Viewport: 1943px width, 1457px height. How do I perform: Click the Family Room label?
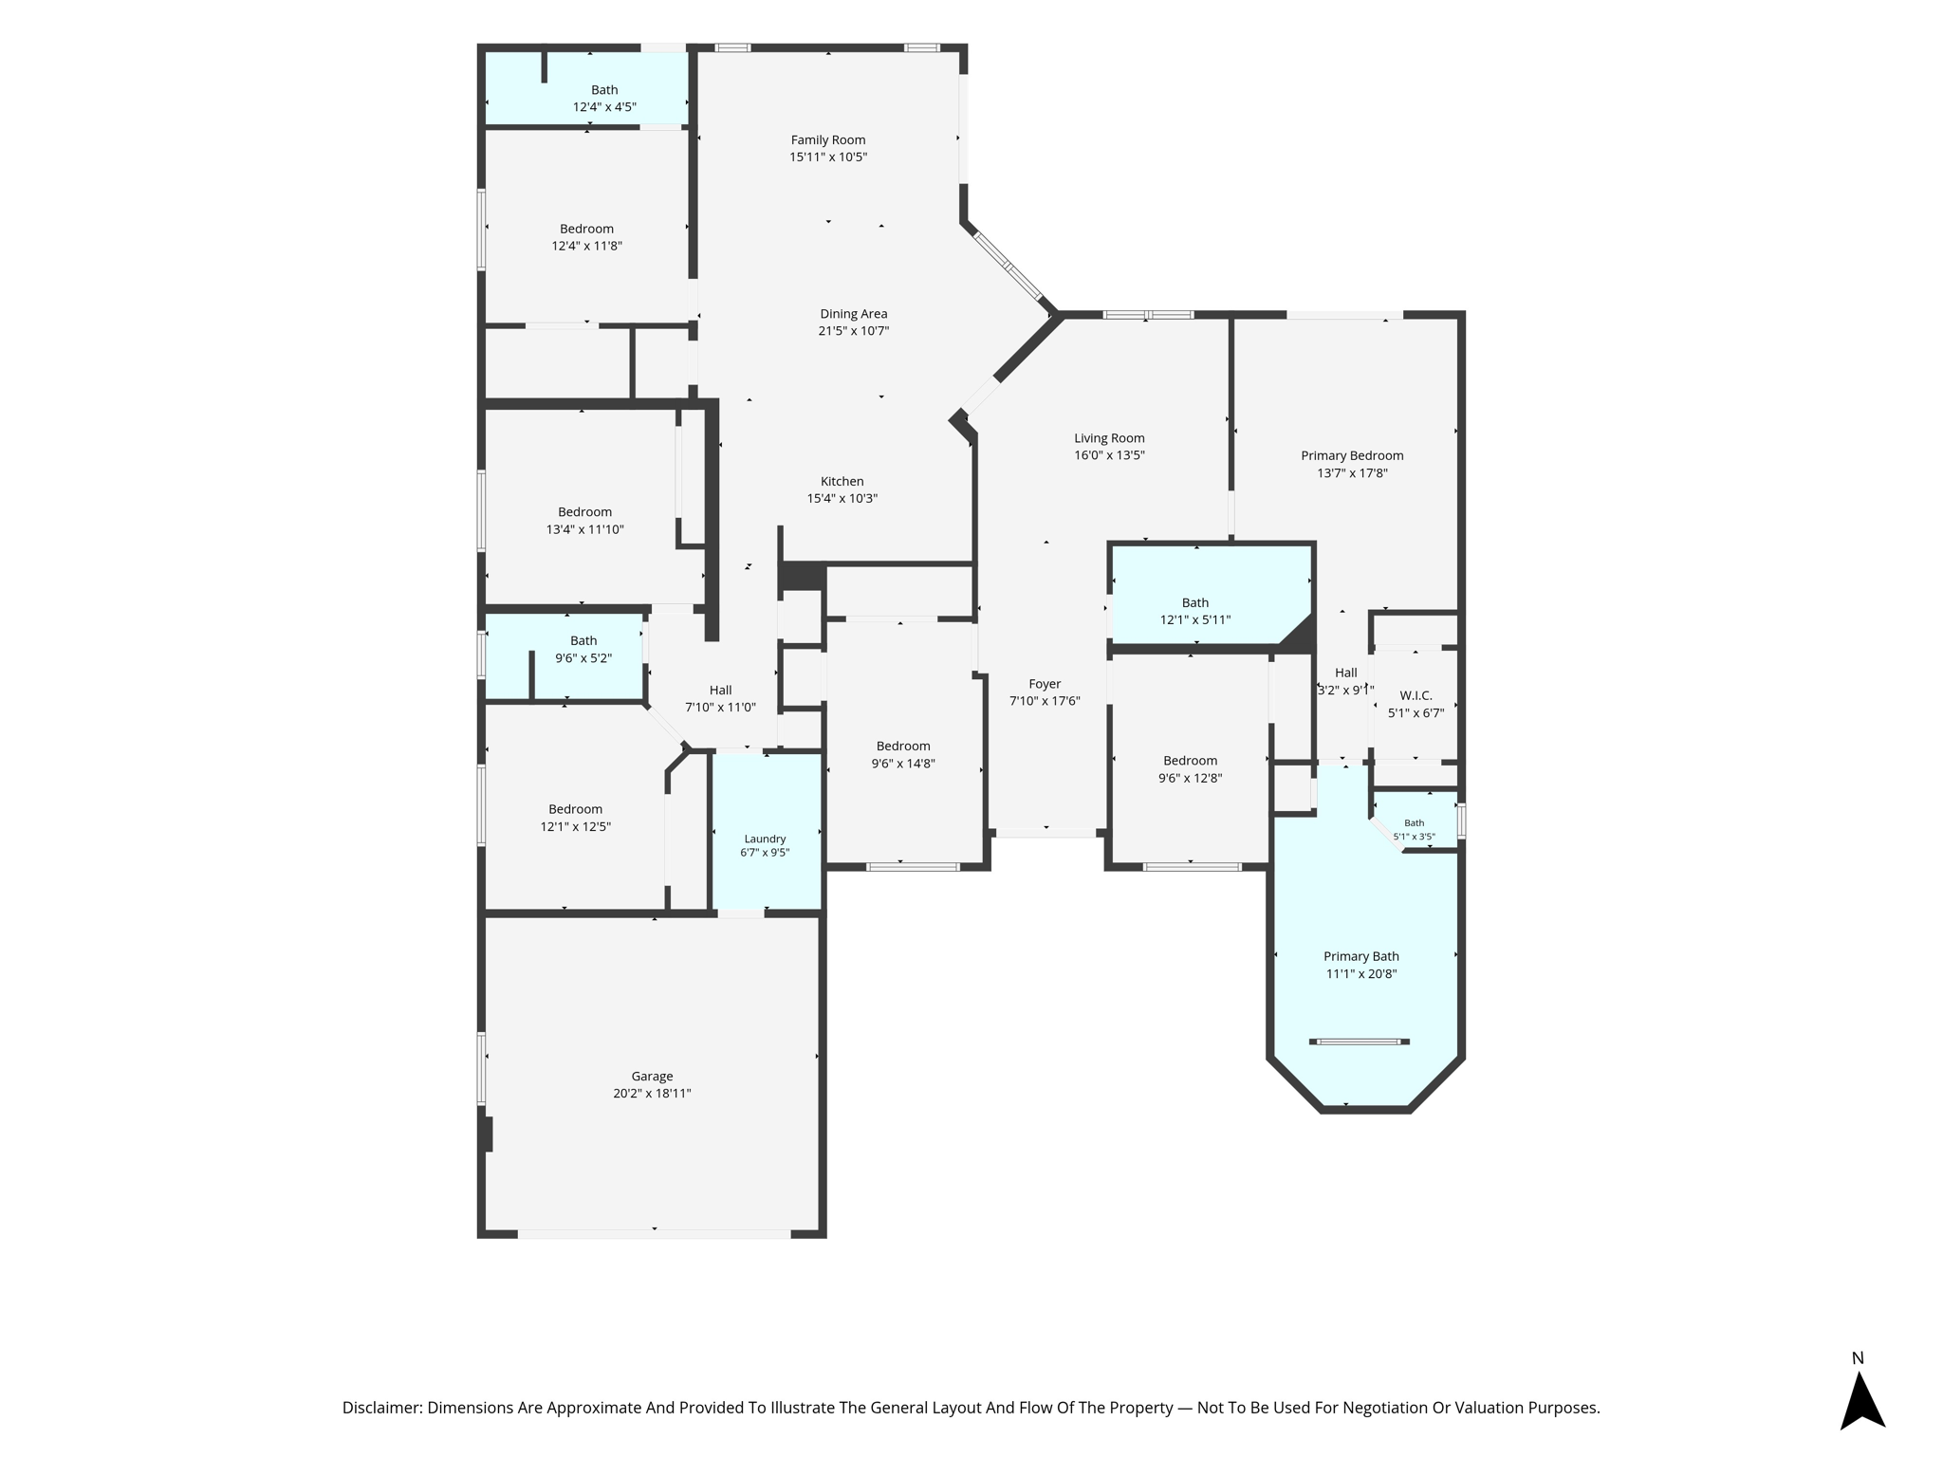[828, 140]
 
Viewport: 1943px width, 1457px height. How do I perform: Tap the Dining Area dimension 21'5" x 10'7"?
[854, 331]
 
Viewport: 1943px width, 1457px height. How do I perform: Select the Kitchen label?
[842, 481]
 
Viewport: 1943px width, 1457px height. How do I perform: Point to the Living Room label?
[1109, 438]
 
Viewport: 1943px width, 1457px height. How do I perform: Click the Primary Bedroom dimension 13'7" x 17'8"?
[1352, 472]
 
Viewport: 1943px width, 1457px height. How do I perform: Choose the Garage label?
[652, 1076]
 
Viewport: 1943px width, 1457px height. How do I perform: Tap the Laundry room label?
[765, 839]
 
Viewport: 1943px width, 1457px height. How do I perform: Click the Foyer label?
[1045, 684]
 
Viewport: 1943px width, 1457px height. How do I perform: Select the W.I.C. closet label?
[1416, 695]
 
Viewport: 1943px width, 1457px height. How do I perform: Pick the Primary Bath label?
[1361, 956]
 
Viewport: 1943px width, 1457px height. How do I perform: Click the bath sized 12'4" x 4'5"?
[604, 99]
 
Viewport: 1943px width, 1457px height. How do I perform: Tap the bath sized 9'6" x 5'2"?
[583, 650]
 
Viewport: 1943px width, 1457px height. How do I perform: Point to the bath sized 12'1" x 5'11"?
[1195, 611]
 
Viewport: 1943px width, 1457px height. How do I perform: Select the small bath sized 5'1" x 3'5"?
[1414, 830]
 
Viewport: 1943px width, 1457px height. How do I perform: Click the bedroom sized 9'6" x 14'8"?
[903, 754]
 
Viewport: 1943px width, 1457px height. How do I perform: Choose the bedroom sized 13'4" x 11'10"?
[585, 521]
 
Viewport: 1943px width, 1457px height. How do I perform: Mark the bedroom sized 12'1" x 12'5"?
[576, 818]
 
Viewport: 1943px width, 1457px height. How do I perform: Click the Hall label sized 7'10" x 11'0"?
[720, 698]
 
